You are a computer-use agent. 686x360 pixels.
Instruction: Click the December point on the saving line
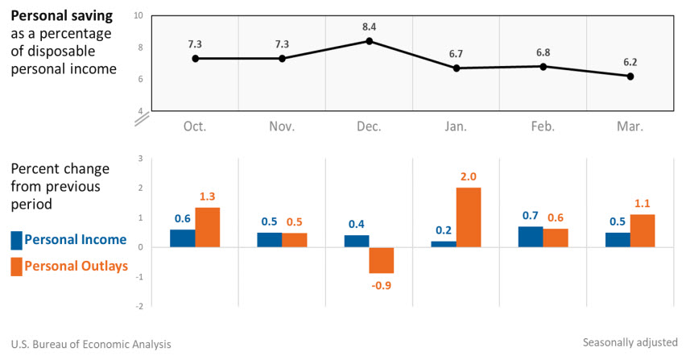tap(369, 41)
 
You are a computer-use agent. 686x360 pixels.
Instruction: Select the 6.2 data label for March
tap(630, 61)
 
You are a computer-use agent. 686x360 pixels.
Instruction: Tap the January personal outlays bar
tap(469, 217)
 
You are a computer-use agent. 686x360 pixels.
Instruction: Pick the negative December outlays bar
tap(381, 260)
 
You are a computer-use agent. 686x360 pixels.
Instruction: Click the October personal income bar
tap(182, 238)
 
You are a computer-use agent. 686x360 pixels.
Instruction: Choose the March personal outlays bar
tap(643, 231)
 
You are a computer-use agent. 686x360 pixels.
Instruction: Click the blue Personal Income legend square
tap(16, 240)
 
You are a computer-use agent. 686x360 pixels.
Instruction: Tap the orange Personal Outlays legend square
tap(16, 267)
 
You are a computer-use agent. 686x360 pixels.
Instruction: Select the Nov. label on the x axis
tap(282, 126)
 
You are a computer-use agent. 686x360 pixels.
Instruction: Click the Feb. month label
tap(543, 126)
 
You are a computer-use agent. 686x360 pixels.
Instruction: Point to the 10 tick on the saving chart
tap(139, 15)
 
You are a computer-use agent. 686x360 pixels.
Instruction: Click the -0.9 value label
tap(381, 284)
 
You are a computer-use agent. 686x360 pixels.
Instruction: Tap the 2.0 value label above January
tap(469, 177)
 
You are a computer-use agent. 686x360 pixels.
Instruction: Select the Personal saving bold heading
tap(61, 16)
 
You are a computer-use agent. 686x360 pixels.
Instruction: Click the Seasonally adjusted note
tap(630, 343)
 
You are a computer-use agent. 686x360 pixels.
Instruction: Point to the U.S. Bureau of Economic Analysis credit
tap(91, 344)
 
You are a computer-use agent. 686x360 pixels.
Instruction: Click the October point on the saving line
tap(195, 58)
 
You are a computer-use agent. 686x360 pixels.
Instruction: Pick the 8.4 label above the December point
tap(369, 26)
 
